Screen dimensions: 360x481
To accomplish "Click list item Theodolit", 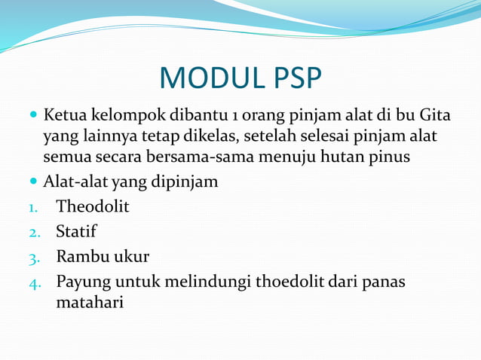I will (x=93, y=206).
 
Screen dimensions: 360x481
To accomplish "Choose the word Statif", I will (x=76, y=231).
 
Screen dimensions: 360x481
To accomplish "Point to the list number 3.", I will (x=34, y=258).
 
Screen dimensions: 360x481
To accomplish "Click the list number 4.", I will (x=34, y=283).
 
